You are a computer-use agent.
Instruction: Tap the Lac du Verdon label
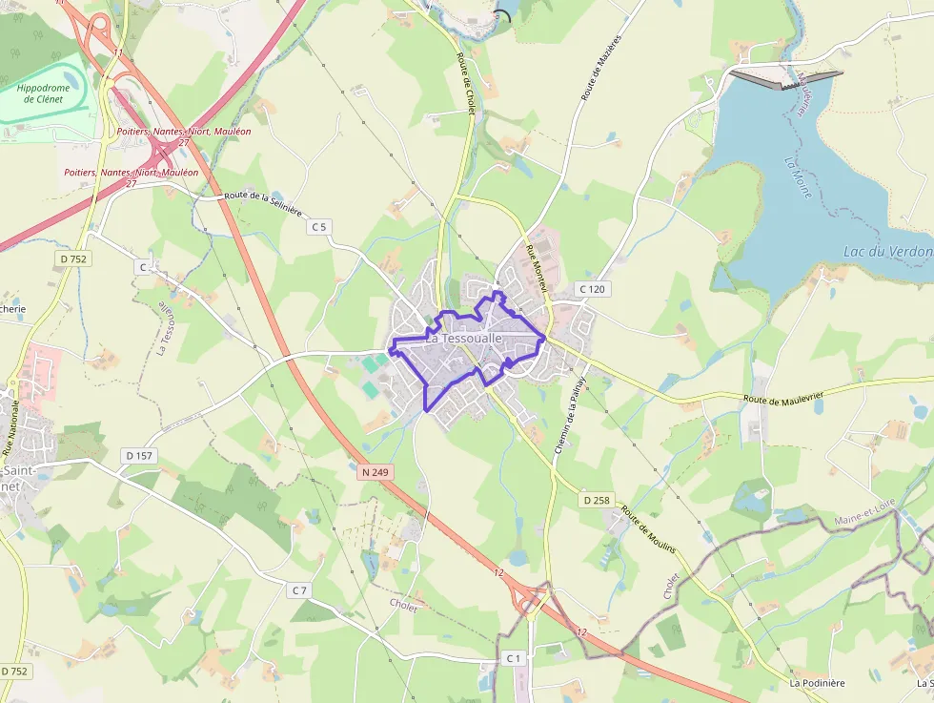tap(887, 252)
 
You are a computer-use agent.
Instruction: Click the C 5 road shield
tap(318, 227)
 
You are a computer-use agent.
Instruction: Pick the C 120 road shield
tap(592, 288)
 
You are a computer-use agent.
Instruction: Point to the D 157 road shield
tap(138, 456)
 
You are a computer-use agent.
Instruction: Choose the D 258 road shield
tap(596, 500)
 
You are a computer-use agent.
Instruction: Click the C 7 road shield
tap(299, 590)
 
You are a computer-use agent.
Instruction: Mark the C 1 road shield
tap(514, 658)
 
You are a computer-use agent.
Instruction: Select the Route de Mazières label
tap(601, 68)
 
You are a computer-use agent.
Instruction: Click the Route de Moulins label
tap(649, 530)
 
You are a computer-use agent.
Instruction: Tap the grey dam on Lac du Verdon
tap(787, 78)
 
